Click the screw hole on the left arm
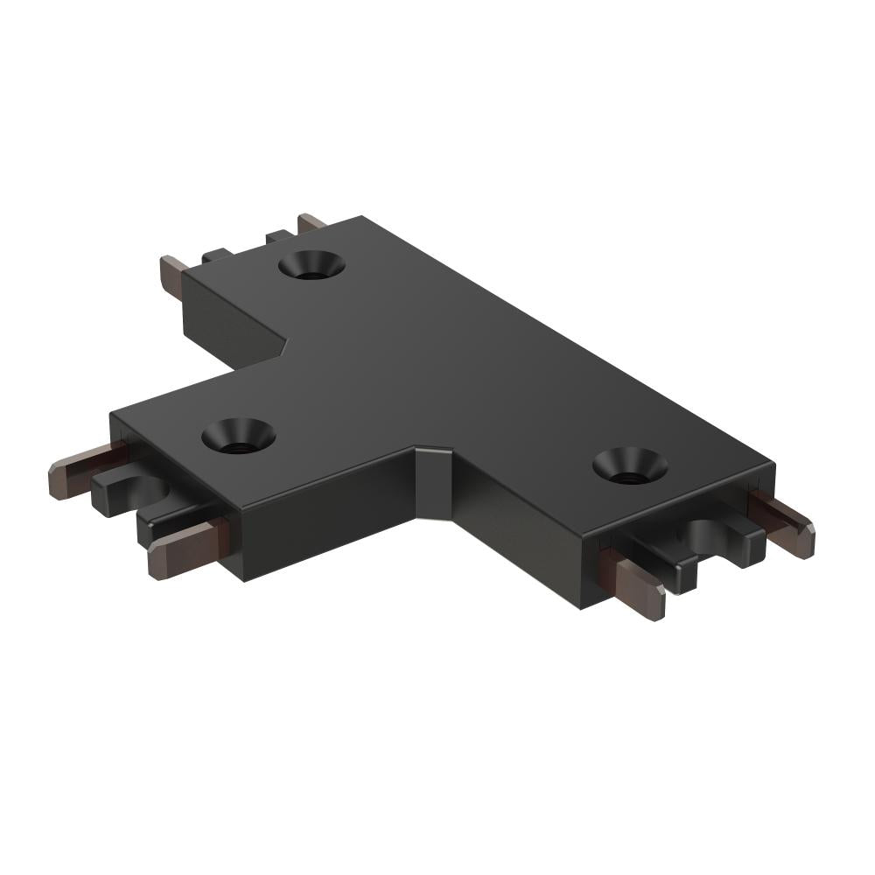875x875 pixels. point(238,434)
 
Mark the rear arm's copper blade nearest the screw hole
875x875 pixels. point(311,224)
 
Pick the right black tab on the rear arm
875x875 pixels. point(278,236)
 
